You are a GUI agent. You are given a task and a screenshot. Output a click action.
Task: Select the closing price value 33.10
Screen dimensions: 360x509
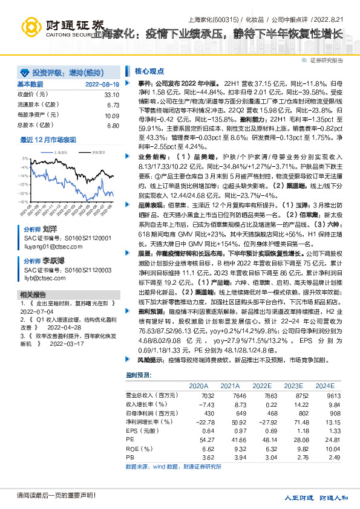[x=111, y=95]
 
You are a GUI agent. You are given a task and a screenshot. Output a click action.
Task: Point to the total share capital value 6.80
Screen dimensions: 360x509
[x=113, y=126]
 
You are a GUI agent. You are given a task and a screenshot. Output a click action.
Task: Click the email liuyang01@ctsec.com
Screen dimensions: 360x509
[x=47, y=247]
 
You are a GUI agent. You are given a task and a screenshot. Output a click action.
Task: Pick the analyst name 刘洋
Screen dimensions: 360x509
[x=49, y=230]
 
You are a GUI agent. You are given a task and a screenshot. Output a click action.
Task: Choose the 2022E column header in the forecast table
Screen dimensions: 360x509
[x=263, y=385]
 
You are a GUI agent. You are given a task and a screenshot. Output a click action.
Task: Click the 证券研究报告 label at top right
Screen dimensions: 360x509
[x=326, y=60]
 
